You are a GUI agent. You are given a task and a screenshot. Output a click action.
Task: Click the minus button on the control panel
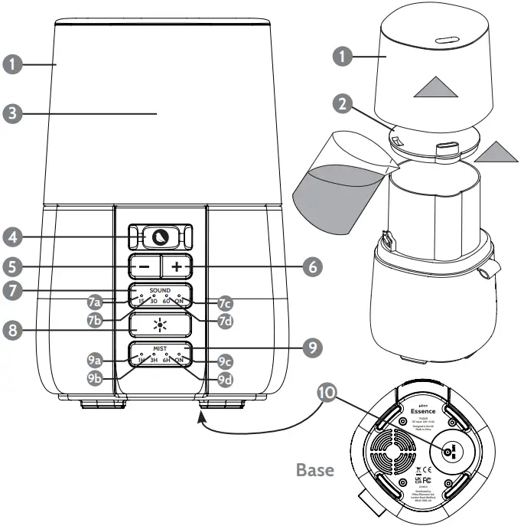coord(145,267)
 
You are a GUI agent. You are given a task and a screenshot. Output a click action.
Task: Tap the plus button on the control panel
coord(176,267)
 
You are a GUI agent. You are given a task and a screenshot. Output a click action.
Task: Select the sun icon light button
coord(160,325)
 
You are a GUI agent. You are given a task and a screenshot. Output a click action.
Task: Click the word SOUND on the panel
coord(160,292)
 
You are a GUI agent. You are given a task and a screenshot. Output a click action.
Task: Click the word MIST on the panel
coord(160,348)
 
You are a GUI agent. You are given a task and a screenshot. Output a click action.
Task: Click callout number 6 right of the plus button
coord(311,267)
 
